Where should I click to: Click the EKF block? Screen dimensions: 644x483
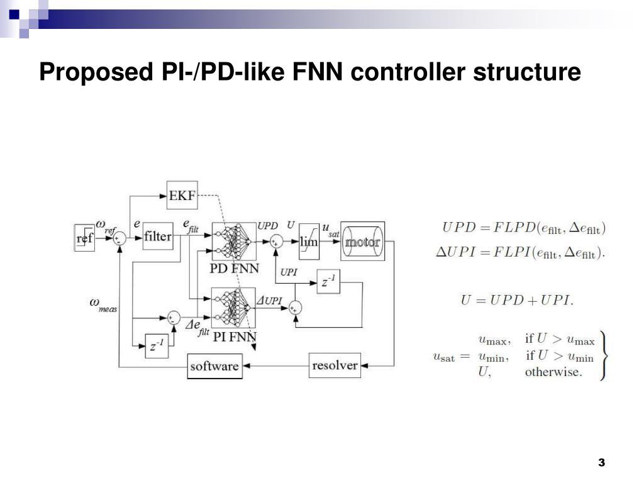[182, 196]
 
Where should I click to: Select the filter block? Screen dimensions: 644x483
[158, 236]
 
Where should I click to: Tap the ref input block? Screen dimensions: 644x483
[84, 238]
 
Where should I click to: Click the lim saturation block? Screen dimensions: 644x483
[309, 241]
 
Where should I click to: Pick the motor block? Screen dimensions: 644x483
[363, 241]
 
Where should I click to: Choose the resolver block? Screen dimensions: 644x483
[335, 365]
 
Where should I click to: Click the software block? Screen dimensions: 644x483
[215, 366]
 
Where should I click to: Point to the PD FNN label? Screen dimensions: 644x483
[234, 269]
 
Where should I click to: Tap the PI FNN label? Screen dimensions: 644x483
[235, 337]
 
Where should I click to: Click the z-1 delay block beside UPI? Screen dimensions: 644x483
[328, 282]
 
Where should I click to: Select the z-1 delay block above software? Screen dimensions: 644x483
[157, 346]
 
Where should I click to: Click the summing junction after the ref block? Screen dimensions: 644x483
[119, 238]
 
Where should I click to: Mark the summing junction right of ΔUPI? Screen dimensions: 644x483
[295, 308]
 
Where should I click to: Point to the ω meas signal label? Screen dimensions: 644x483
[103, 305]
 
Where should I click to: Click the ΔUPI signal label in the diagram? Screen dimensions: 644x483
[269, 301]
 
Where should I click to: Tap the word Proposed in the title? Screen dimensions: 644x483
[96, 72]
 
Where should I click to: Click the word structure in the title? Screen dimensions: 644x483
[527, 71]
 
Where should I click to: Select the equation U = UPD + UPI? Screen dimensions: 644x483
[517, 300]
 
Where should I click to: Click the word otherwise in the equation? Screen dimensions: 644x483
[553, 372]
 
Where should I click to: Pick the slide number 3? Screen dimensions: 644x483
[602, 462]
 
